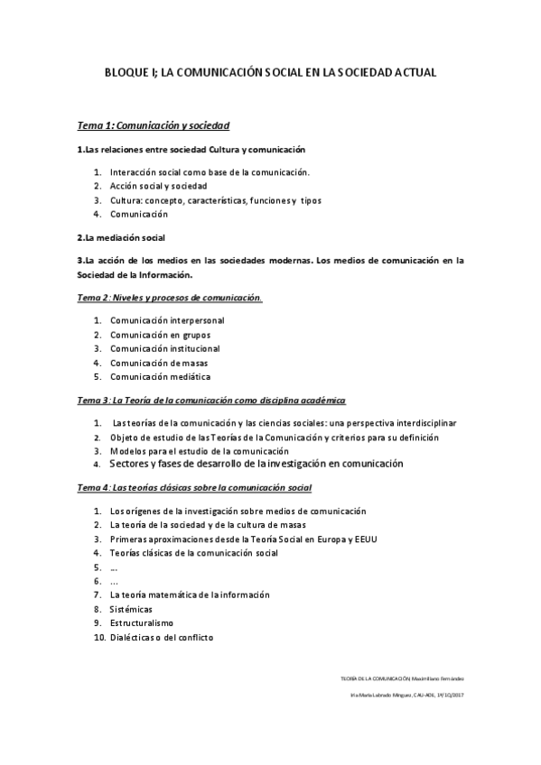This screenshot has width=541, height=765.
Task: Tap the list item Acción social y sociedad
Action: coord(159,186)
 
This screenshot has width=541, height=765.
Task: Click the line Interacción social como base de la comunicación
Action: coord(210,171)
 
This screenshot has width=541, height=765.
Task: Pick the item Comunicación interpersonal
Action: coord(167,320)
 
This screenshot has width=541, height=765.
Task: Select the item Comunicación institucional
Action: coord(165,349)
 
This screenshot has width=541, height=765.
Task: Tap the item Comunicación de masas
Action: coord(159,364)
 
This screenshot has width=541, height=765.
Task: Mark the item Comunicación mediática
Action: coord(160,377)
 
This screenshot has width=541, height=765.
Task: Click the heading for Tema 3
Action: coord(212,400)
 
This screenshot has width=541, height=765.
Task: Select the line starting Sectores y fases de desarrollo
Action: coord(255,464)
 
